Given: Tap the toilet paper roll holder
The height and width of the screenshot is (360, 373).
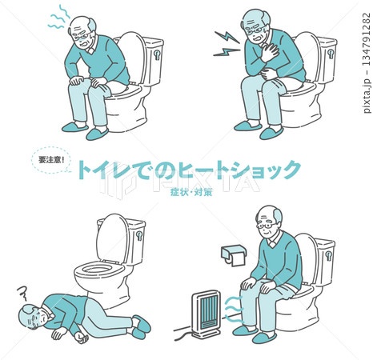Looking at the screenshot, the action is pyautogui.click(x=233, y=255).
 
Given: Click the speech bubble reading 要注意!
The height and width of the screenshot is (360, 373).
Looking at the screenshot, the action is pyautogui.click(x=51, y=160).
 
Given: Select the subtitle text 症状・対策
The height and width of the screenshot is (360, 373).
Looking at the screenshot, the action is pyautogui.click(x=191, y=192).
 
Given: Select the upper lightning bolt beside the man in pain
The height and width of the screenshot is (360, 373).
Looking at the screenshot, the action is pyautogui.click(x=227, y=37).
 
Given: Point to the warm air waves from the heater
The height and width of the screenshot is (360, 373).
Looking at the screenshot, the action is pyautogui.click(x=234, y=310).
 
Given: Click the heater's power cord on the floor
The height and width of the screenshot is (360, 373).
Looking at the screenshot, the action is pyautogui.click(x=184, y=334).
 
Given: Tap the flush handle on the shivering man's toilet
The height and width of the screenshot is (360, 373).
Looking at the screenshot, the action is pyautogui.click(x=158, y=55).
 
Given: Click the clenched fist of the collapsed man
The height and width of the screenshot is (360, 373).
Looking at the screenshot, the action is pyautogui.click(x=81, y=338).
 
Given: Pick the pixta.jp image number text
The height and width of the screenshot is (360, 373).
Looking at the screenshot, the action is pyautogui.click(x=367, y=63).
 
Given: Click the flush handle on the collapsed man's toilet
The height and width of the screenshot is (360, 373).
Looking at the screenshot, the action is pyautogui.click(x=139, y=236).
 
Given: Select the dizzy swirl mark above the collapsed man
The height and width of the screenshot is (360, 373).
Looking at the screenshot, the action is pyautogui.click(x=23, y=293).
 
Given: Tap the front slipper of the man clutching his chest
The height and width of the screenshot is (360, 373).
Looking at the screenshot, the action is pyautogui.click(x=271, y=133).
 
